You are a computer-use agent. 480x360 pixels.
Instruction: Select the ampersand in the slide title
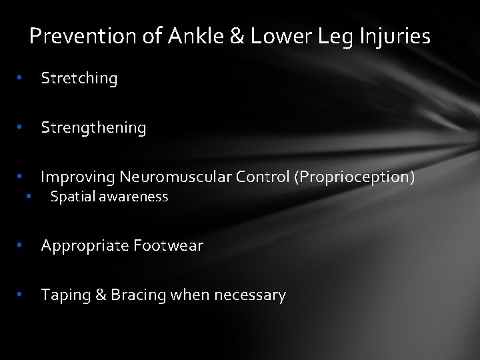237,36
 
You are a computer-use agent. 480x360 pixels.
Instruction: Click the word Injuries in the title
397,37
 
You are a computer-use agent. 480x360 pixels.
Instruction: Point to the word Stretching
79,79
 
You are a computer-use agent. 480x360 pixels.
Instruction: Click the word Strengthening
93,128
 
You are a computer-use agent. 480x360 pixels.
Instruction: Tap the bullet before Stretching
21,78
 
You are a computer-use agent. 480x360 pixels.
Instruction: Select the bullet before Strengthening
21,127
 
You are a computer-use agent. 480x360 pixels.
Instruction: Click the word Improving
78,177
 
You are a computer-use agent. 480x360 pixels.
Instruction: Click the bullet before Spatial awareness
29,197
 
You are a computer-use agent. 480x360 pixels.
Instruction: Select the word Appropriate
85,246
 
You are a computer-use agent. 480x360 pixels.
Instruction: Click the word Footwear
168,245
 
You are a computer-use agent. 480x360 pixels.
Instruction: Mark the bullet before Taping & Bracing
21,295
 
